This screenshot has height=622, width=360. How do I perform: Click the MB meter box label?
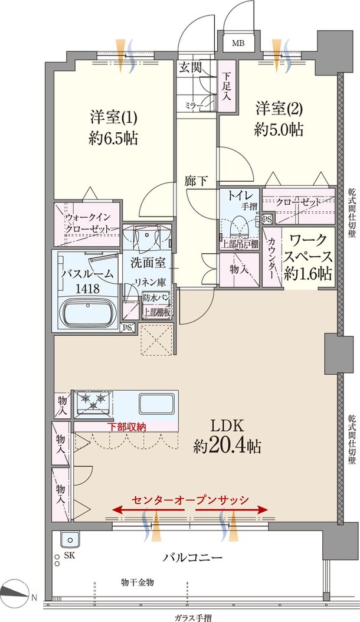(x=237, y=44)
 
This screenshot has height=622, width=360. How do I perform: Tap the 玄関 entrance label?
(x=190, y=67)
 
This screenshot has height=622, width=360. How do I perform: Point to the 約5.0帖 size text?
(x=279, y=130)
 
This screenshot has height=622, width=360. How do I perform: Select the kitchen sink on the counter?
(x=156, y=404)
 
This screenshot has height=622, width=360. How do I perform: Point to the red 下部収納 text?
(x=126, y=426)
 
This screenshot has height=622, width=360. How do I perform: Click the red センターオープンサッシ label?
(x=189, y=499)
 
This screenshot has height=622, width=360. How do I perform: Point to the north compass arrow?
(x=14, y=591)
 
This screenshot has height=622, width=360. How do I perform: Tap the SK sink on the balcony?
(x=70, y=541)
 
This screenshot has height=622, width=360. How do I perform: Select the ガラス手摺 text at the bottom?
(x=192, y=617)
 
